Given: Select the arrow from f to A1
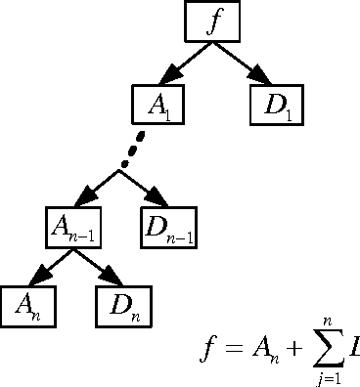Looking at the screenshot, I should pyautogui.click(x=184, y=63).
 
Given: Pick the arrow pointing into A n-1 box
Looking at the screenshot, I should pyautogui.click(x=99, y=184).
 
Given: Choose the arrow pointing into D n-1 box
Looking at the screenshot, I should pyautogui.click(x=141, y=184).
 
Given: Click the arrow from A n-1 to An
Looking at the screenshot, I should pyautogui.click(x=47, y=265).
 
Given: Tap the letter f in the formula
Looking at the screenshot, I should pyautogui.click(x=204, y=347).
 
